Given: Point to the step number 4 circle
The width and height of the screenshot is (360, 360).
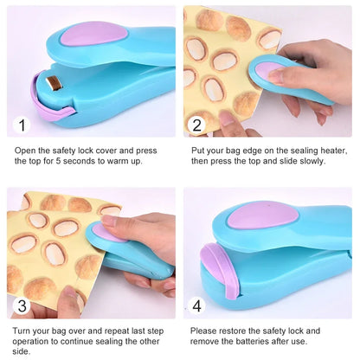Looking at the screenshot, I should [196, 305].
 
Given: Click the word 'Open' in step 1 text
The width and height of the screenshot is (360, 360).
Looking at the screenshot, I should [25, 150].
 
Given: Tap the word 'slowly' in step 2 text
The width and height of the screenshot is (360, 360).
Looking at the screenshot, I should [311, 161].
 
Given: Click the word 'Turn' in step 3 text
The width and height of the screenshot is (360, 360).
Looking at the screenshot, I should [24, 331].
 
